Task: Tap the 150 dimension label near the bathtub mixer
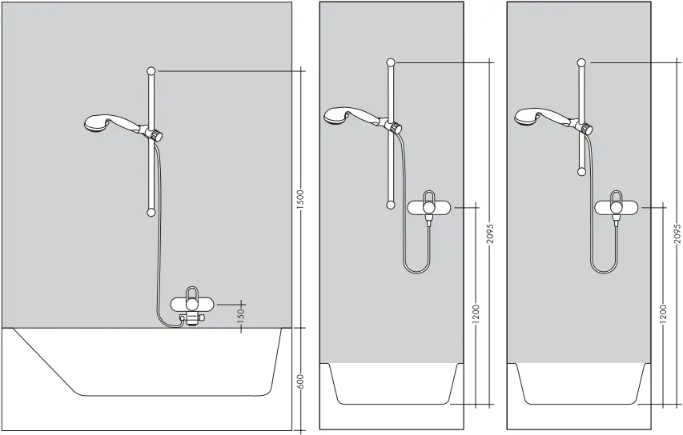tap(240, 316)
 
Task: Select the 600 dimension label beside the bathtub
tap(301, 381)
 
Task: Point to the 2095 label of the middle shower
tap(490, 233)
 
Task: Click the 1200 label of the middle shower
tap(476, 313)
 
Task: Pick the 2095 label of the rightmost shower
tap(677, 233)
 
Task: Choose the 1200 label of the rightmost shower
tap(664, 313)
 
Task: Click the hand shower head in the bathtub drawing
tap(97, 123)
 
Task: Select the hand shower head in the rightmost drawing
tap(525, 117)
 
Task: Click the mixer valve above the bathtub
tap(192, 304)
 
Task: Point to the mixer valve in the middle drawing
tap(430, 207)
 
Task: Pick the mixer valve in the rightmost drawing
tap(617, 207)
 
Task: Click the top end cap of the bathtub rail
tap(151, 71)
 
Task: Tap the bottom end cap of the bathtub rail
tap(151, 213)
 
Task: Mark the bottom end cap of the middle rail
tap(390, 205)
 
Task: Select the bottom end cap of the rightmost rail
tap(580, 170)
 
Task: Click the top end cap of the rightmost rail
tap(580, 62)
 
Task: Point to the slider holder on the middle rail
tap(394, 126)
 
